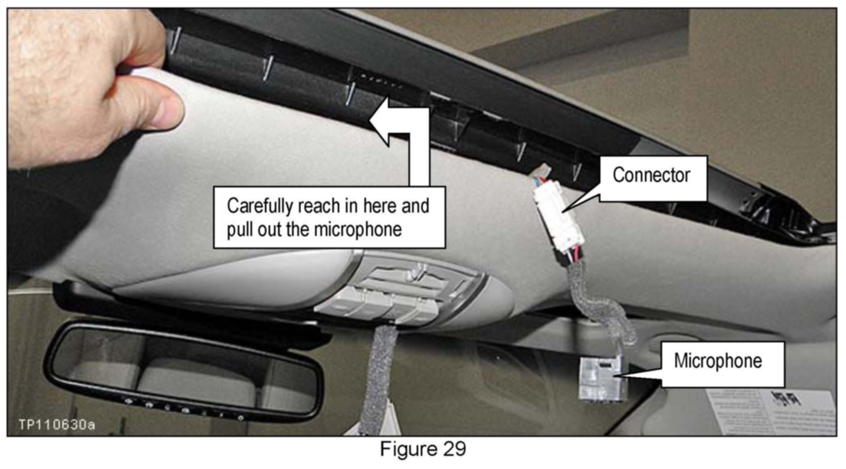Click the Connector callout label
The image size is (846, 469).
click(x=651, y=176)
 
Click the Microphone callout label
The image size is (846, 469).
click(x=718, y=361)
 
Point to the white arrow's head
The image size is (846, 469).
click(x=380, y=120)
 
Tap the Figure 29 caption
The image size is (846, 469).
click(x=422, y=449)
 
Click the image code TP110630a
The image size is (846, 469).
click(x=57, y=425)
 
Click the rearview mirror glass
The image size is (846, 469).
click(x=185, y=372)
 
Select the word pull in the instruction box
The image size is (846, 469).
click(x=240, y=229)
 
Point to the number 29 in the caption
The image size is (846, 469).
click(x=454, y=449)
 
